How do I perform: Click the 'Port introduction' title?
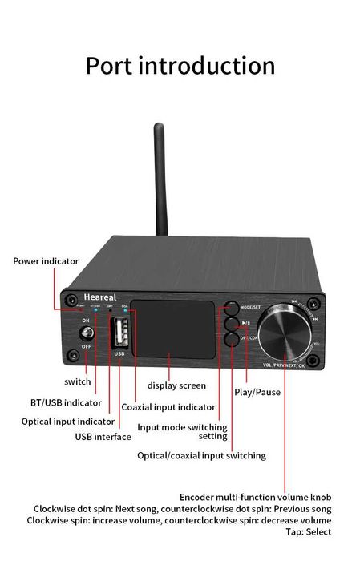click(180, 65)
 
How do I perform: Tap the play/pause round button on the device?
click(231, 324)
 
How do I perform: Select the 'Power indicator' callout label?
click(45, 260)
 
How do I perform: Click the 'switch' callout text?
click(77, 381)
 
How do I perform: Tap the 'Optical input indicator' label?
click(67, 421)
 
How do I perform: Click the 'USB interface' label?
click(103, 437)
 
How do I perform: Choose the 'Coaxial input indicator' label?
click(168, 407)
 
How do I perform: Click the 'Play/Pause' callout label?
click(257, 392)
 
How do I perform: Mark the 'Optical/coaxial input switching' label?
click(201, 455)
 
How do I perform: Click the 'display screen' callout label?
click(176, 385)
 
